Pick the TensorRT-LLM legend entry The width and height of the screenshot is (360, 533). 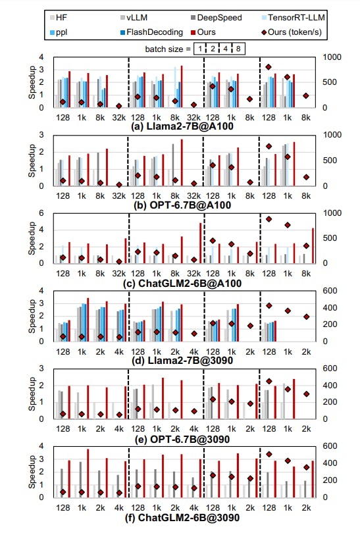[284, 16]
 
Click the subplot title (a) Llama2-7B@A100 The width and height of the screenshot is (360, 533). [180, 125]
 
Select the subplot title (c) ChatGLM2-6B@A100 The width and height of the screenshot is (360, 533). [180, 283]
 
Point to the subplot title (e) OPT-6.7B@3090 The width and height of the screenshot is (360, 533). [180, 439]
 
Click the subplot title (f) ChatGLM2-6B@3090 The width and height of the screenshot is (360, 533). [180, 519]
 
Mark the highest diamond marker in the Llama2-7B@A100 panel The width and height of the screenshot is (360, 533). [268, 67]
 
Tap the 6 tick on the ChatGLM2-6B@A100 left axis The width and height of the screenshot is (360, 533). [43, 213]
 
